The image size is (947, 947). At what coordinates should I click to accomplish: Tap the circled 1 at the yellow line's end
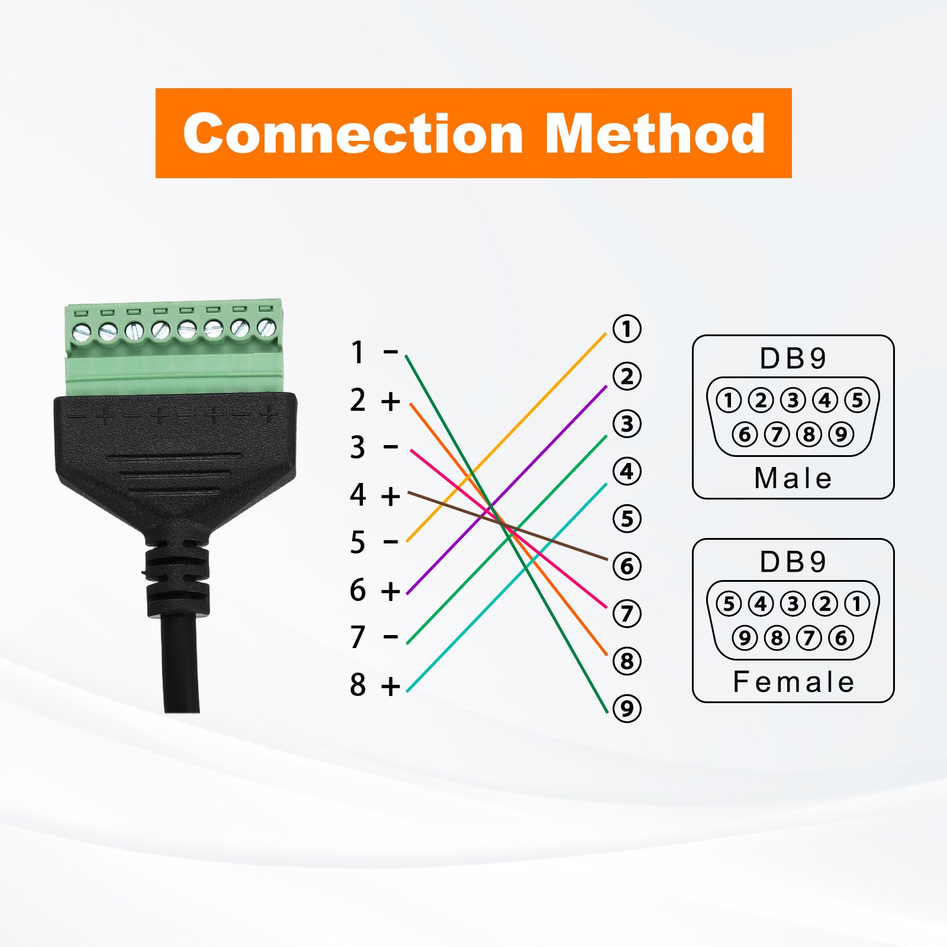click(x=627, y=329)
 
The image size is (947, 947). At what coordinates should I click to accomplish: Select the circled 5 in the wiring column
click(x=627, y=519)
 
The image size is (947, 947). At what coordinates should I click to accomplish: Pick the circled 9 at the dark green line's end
click(x=627, y=708)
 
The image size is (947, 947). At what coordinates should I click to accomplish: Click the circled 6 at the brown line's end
click(x=627, y=566)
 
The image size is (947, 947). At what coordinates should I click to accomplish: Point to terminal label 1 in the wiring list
click(x=357, y=352)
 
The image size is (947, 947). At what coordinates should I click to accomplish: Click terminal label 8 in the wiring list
click(x=357, y=685)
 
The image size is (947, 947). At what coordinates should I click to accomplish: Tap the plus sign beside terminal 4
click(x=391, y=496)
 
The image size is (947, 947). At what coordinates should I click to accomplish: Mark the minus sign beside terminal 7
click(x=391, y=637)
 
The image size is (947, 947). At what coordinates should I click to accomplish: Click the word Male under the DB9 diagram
click(x=793, y=478)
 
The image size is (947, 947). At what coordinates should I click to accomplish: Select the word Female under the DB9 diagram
click(x=793, y=682)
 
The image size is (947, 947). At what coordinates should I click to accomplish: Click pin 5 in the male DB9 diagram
click(x=857, y=401)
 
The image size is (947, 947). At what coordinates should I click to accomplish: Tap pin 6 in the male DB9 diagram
click(x=745, y=434)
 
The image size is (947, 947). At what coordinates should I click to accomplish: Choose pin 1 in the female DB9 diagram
click(x=857, y=604)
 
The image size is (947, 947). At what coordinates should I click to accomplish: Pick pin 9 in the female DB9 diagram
click(x=745, y=638)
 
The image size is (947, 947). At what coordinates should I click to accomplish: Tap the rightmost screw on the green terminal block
click(x=267, y=326)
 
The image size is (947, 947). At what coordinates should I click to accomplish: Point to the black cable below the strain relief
click(x=180, y=663)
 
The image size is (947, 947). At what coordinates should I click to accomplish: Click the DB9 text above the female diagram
click(x=793, y=562)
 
